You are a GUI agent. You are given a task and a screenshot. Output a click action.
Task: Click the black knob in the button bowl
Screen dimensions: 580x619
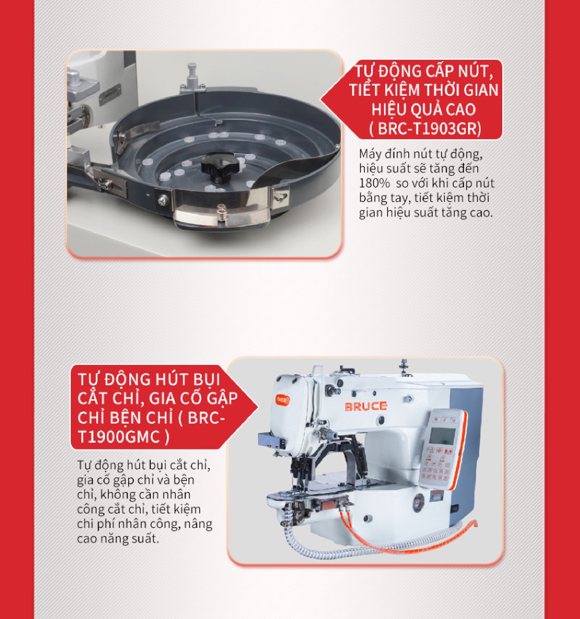(219, 167)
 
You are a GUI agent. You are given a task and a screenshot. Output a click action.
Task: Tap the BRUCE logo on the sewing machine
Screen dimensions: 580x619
(366, 407)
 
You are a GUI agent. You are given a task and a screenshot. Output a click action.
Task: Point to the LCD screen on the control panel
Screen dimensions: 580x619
(442, 436)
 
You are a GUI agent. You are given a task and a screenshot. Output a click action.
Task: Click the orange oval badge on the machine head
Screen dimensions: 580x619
(282, 400)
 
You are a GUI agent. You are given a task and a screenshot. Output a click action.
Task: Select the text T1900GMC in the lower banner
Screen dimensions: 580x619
(118, 437)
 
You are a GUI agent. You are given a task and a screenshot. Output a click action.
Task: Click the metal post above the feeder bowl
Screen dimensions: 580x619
(192, 77)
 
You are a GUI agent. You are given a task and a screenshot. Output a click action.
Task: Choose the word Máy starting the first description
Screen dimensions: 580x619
(369, 154)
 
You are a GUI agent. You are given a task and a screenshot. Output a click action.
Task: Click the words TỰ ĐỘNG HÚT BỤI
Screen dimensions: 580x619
(148, 379)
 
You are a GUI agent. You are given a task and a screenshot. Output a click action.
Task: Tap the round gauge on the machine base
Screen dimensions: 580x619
(418, 503)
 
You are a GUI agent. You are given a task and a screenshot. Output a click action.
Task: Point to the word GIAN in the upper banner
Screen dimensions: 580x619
(481, 91)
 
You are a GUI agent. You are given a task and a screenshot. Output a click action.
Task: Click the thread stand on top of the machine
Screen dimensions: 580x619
(403, 367)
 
